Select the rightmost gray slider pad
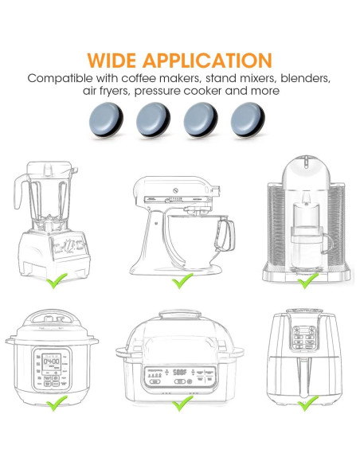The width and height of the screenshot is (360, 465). coord(246,121)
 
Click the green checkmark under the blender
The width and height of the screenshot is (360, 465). coord(54,281)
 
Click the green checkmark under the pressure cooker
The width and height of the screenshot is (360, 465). coord(54,405)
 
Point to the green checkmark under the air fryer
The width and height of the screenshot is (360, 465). coord(306,405)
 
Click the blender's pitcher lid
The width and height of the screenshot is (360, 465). coord(47,167)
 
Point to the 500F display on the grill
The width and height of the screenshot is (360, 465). coord(179,372)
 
